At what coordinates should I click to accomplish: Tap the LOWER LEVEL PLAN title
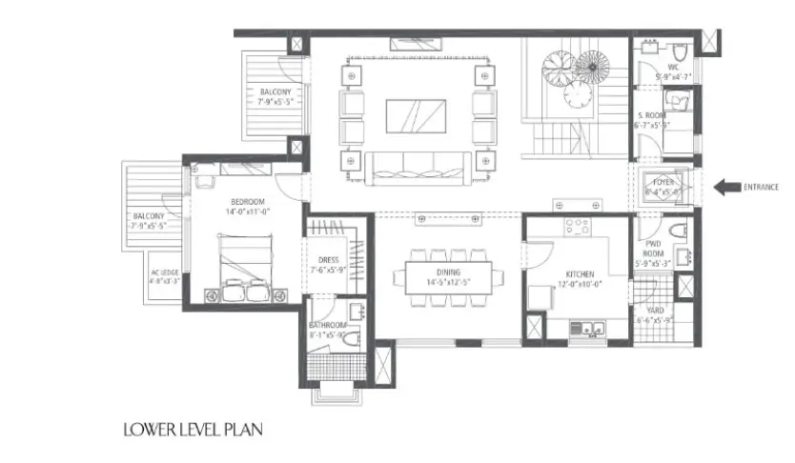(x=191, y=430)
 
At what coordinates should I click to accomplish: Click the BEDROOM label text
(x=247, y=202)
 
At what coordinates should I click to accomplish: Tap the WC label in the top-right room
(x=673, y=67)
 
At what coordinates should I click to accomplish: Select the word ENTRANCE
(x=767, y=187)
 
